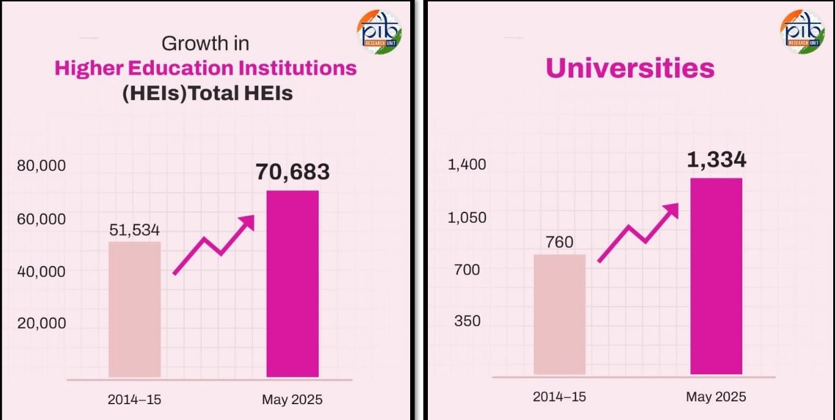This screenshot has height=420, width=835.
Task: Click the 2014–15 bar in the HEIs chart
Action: [x=134, y=309]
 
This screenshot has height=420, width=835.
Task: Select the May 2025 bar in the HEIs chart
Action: [x=292, y=284]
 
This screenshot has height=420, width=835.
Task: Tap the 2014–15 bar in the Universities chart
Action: [x=559, y=314]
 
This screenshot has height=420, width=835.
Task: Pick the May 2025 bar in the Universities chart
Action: [x=716, y=276]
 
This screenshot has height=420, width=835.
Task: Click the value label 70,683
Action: [x=292, y=172]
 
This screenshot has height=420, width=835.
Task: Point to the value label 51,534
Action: [x=134, y=230]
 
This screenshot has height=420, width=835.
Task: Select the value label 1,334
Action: [x=716, y=160]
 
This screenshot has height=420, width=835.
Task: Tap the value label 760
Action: [x=559, y=242]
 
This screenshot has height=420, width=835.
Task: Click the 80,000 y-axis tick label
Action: [x=41, y=166]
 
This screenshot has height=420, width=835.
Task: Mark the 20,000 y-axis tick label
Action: [x=41, y=324]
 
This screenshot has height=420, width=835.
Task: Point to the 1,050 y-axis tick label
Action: [x=467, y=217]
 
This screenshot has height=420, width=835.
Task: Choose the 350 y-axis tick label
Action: [x=467, y=321]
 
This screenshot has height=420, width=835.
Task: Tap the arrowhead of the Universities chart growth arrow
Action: [x=671, y=210]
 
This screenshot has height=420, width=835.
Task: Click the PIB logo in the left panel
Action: [x=378, y=32]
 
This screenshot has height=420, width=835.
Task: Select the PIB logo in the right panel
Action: [x=802, y=32]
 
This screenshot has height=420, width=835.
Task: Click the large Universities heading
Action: [x=630, y=68]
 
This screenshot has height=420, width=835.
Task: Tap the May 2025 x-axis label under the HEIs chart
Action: [x=292, y=400]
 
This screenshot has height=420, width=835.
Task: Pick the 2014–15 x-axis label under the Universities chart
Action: [x=559, y=397]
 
